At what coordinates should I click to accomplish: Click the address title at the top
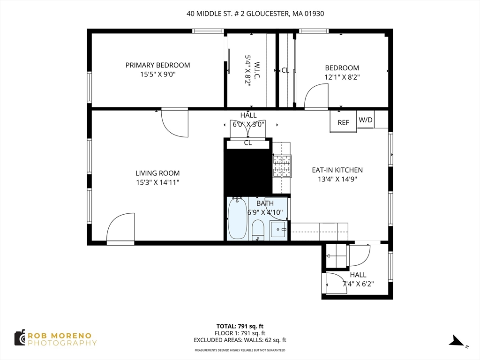click(255, 14)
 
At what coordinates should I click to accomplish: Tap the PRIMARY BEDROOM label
click(157, 65)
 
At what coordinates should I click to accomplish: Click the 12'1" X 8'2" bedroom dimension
click(342, 77)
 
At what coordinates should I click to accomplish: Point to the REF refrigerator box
click(343, 122)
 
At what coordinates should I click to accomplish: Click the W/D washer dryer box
click(366, 120)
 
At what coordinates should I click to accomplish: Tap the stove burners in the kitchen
click(282, 166)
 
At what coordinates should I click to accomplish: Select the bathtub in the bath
click(237, 218)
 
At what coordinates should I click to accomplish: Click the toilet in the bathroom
click(258, 230)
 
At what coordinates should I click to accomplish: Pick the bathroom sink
click(280, 230)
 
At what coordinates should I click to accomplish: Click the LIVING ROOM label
click(157, 173)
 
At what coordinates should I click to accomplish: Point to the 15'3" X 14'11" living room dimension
click(157, 182)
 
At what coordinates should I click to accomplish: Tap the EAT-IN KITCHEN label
click(337, 170)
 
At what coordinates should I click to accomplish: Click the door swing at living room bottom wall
click(121, 229)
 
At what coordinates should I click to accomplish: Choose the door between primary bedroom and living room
click(174, 122)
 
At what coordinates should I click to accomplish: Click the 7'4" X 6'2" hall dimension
click(358, 284)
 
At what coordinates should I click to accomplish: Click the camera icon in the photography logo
click(20, 337)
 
